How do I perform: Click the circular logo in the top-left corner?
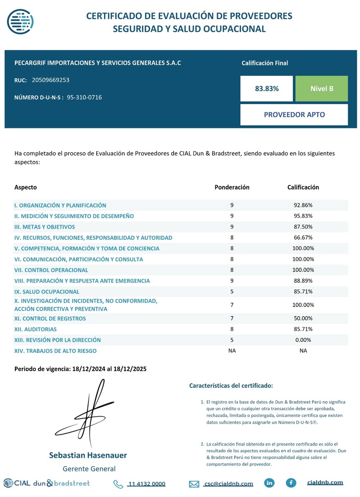pos(21,20)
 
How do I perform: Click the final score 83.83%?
pos(267,89)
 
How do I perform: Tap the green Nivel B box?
pos(321,89)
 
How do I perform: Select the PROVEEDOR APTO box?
pos(294,115)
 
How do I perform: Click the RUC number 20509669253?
pos(51,80)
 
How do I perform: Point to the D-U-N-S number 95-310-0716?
pos(84,97)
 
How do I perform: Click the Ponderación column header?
pos(232,187)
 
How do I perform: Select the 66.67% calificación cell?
pos(303,238)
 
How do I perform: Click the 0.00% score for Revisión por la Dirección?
pos(303,340)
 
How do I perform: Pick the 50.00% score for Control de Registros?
pos(303,318)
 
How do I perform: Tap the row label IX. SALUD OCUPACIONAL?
pos(47,292)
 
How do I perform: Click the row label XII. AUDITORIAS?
pos(36,329)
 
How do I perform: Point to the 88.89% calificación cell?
pos(303,281)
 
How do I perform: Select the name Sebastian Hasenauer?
pos(88,455)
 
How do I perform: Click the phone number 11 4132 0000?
pos(147,484)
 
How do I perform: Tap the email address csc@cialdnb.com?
pos(228,484)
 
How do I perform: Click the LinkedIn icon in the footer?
pos(269,483)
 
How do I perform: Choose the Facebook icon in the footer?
pos(291,483)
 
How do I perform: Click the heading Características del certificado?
pos(231,386)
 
